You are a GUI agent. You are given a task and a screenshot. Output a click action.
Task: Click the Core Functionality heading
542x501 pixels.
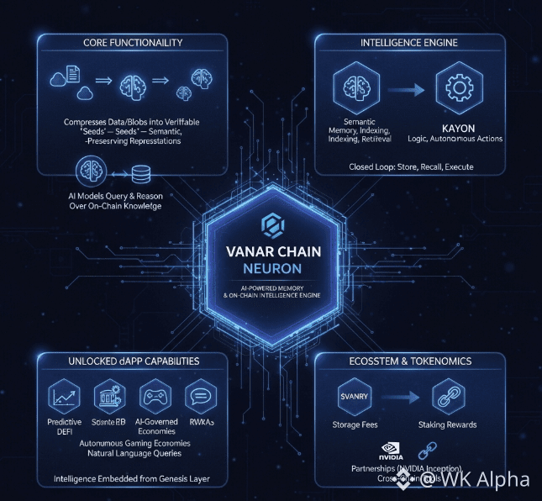[x=134, y=42]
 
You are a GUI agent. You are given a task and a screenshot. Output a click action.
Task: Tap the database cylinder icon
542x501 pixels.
[x=141, y=173]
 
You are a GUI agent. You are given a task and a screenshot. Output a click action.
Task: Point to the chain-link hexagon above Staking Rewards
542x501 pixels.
[x=448, y=397]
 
